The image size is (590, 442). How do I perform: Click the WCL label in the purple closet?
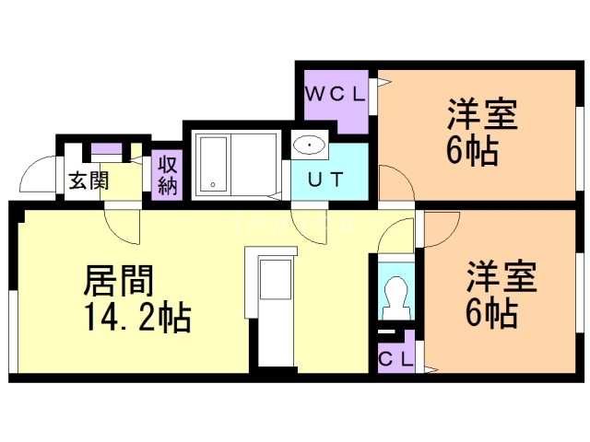(336, 93)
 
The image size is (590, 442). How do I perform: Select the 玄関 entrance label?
(88, 180)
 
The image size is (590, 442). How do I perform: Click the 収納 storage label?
(167, 175)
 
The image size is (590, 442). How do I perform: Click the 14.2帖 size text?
(137, 319)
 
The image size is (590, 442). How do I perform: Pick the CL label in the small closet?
(396, 357)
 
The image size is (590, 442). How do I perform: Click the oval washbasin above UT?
(309, 145)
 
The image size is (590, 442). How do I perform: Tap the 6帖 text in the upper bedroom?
(473, 152)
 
